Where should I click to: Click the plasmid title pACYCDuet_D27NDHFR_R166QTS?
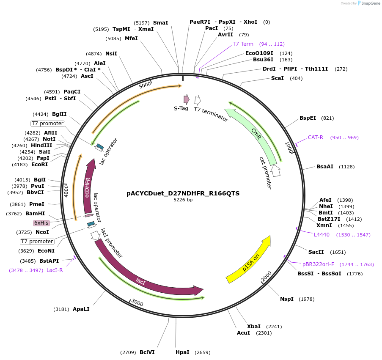(x=183, y=193)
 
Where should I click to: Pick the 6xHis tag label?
(x=41, y=223)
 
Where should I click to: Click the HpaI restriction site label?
(x=182, y=352)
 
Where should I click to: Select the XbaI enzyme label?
(x=254, y=326)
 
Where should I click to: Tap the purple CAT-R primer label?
(x=316, y=137)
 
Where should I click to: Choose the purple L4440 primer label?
(x=322, y=234)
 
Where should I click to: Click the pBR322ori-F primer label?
(x=318, y=264)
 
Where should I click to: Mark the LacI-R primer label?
(x=55, y=270)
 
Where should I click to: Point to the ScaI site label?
(x=278, y=78)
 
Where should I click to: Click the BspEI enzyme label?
(x=308, y=118)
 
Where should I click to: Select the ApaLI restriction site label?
(x=81, y=309)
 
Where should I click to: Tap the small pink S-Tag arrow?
(x=186, y=99)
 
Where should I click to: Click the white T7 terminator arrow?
(x=197, y=100)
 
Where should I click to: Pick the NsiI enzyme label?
(x=111, y=54)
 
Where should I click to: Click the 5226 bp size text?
(x=183, y=200)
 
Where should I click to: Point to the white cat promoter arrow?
(x=276, y=170)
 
